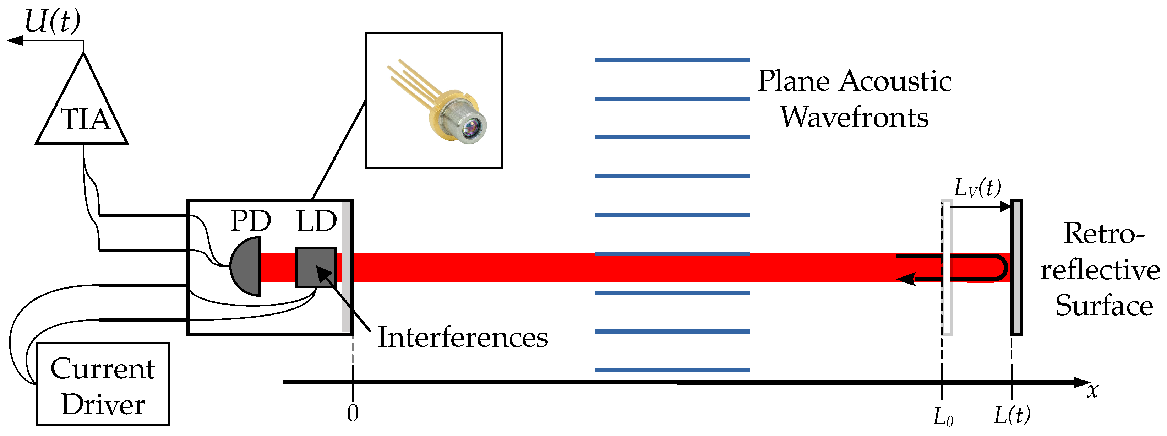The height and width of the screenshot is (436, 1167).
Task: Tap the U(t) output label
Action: point(52,21)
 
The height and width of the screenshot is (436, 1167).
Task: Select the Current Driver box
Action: point(103,384)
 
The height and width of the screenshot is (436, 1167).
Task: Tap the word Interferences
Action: point(463,338)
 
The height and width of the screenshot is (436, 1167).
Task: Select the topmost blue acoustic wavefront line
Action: point(672,59)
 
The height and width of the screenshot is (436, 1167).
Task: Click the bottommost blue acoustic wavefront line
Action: point(672,370)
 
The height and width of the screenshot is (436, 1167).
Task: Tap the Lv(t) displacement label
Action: point(977,188)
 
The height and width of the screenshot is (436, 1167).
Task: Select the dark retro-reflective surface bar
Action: point(1016,268)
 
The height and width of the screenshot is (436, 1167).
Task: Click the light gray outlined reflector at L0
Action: point(947,268)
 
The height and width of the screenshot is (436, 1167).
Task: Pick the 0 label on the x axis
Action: point(353,413)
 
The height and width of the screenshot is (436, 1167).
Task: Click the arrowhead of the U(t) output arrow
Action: point(15,41)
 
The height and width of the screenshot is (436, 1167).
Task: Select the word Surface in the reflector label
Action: point(1104,306)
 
